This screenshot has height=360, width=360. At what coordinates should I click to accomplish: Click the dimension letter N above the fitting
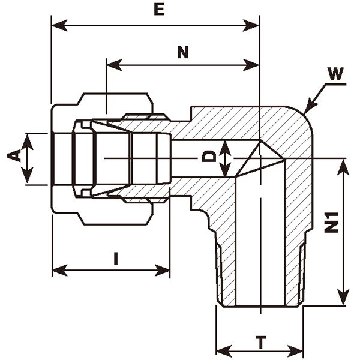point(183,52)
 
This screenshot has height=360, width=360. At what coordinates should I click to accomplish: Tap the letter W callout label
point(336,74)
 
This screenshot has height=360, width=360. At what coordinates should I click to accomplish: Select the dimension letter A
point(14,157)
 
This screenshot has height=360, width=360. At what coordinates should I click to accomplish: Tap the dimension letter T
point(261,343)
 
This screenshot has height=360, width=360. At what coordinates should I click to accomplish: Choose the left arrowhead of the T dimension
point(220,350)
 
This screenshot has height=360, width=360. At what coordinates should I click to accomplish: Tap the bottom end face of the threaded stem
point(260,307)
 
